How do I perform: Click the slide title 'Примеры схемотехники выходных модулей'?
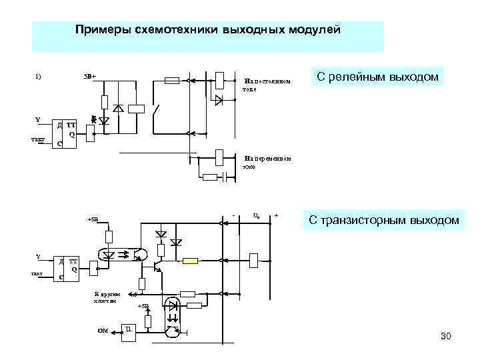(x=208, y=30)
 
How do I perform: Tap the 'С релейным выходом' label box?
(x=377, y=77)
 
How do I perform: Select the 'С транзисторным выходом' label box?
(x=383, y=219)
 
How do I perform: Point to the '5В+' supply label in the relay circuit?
(x=90, y=75)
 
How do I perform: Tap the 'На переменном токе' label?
(x=267, y=162)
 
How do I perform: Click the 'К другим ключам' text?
(x=107, y=297)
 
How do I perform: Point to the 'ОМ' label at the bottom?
(x=103, y=330)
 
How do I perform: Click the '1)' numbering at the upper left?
(x=38, y=75)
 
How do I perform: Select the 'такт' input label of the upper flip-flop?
(x=37, y=139)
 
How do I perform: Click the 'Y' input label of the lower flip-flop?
(x=37, y=257)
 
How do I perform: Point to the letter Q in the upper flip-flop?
(x=71, y=134)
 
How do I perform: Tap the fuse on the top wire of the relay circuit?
(x=171, y=81)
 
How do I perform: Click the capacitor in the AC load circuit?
(x=229, y=177)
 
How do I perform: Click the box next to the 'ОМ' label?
(x=129, y=331)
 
